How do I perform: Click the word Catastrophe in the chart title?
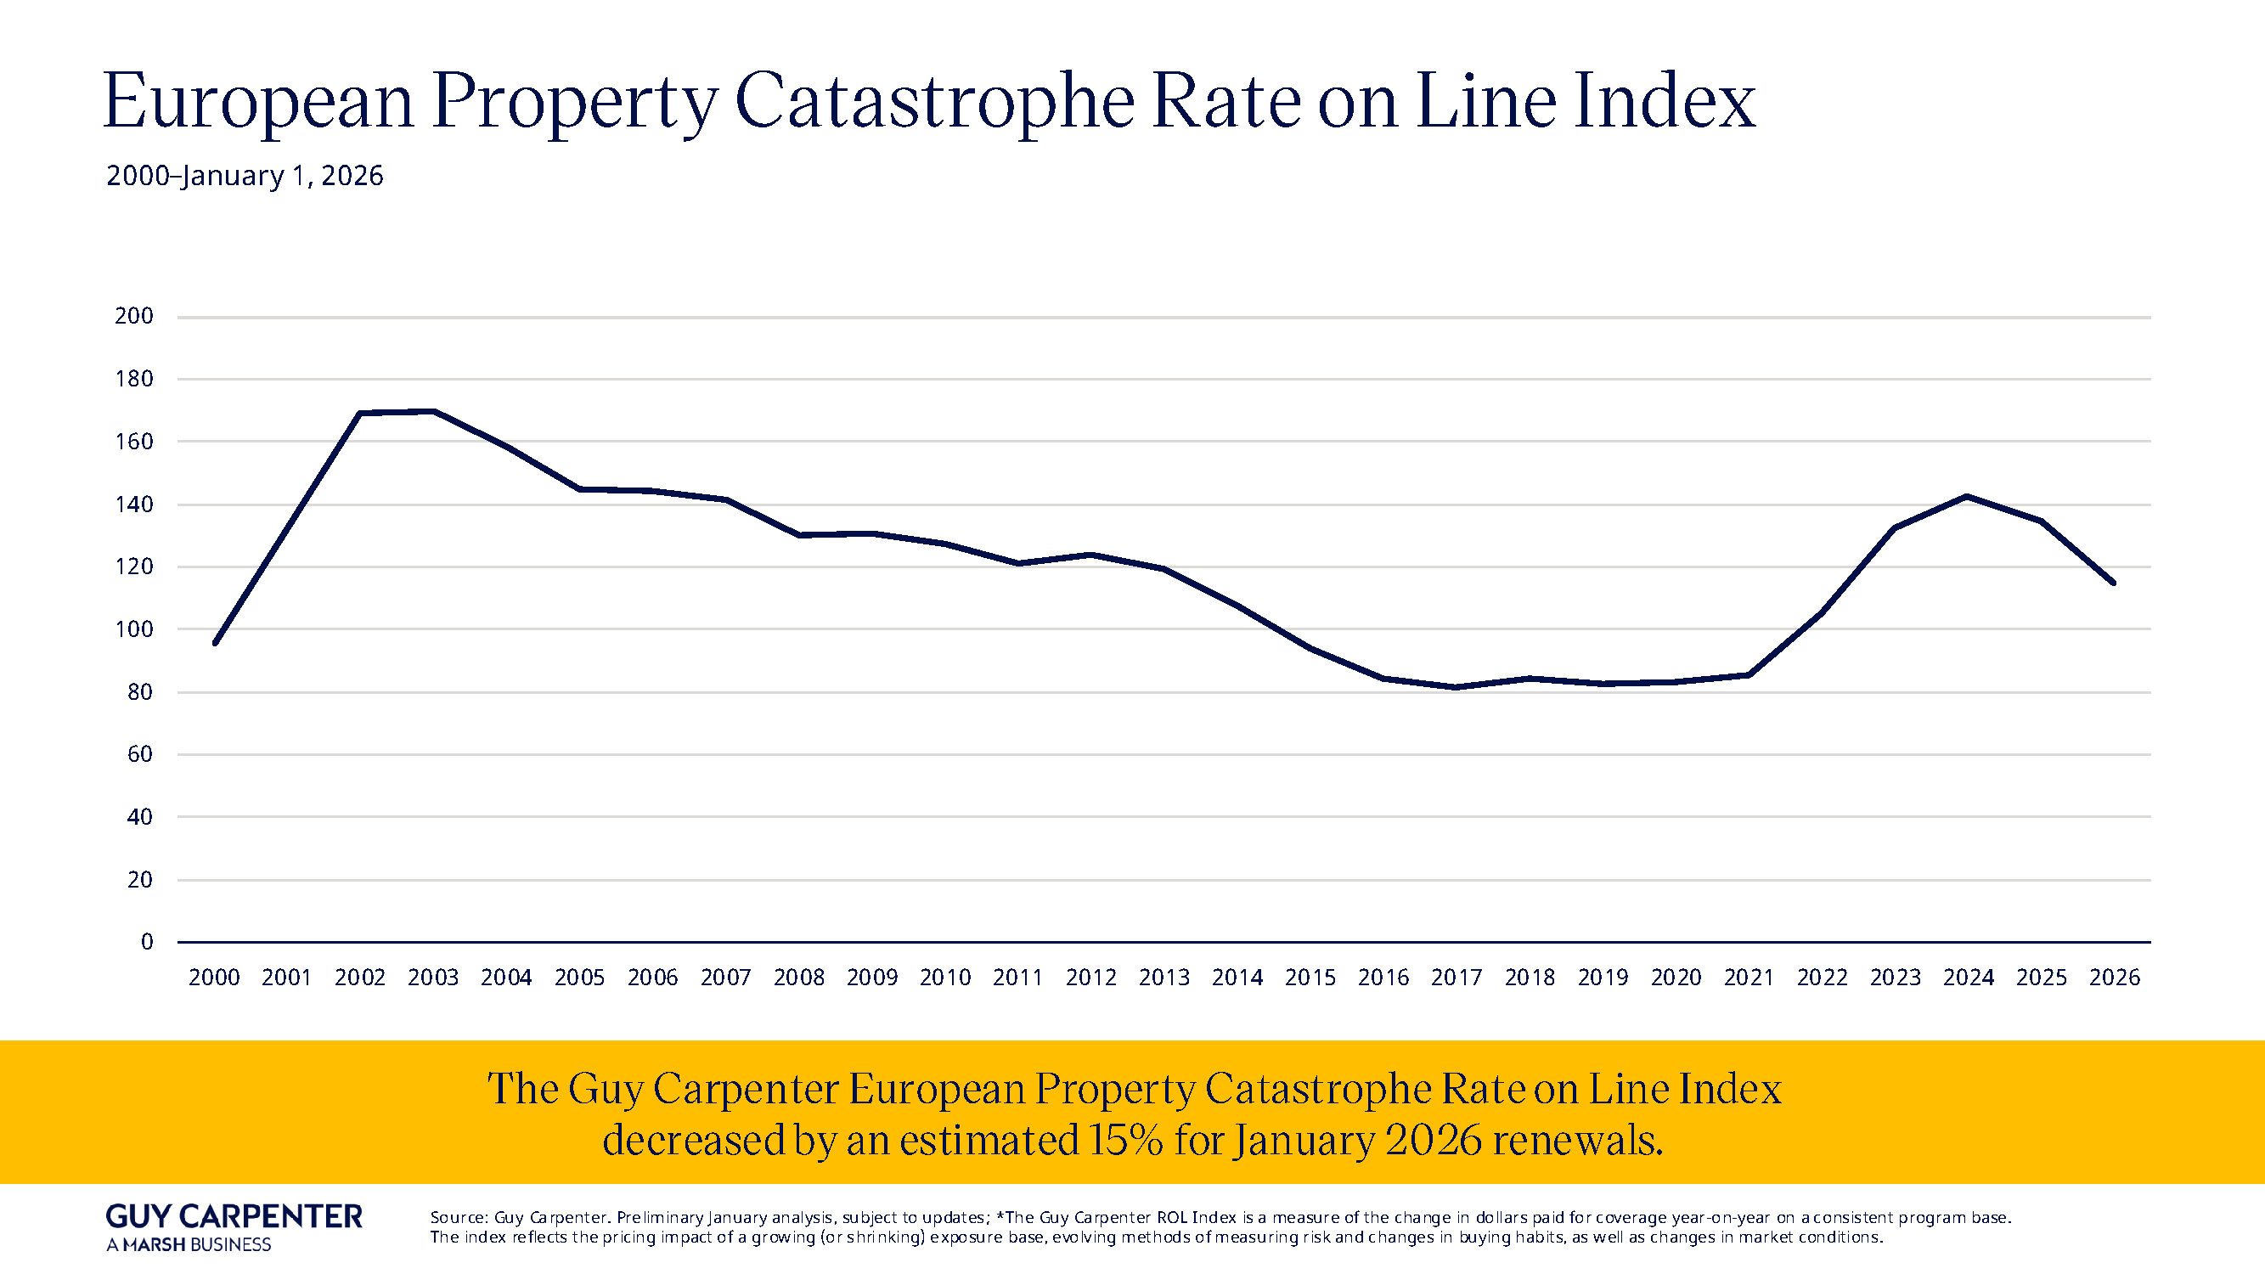click(934, 102)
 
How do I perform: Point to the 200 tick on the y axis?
click(133, 316)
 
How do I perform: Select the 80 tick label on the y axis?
click(140, 693)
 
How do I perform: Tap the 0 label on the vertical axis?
click(147, 943)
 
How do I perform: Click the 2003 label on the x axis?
click(432, 978)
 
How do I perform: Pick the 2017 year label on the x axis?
click(1456, 978)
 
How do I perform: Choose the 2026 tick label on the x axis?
click(2114, 978)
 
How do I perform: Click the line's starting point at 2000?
click(216, 644)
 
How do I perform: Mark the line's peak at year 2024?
click(1967, 497)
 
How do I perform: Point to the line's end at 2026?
click(2113, 583)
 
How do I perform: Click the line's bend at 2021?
click(1748, 675)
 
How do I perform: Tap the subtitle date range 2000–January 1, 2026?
click(245, 176)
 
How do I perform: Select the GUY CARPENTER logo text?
click(234, 1217)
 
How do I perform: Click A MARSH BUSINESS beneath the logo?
click(189, 1245)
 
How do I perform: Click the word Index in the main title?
click(1664, 102)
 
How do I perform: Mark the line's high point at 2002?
click(360, 414)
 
